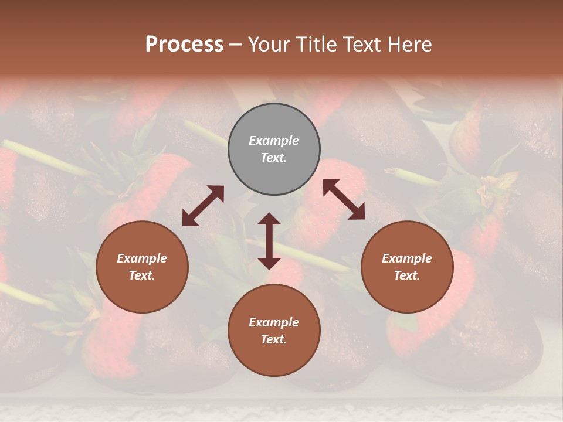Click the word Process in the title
point(184,45)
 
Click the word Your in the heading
point(269,45)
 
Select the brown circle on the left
point(142,267)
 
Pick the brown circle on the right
point(407,267)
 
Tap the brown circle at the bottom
point(274,330)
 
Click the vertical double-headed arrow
point(269,241)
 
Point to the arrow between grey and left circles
point(203,206)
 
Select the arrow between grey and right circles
point(344,199)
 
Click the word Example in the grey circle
point(274,141)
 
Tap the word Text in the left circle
point(142,275)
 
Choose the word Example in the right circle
point(407,258)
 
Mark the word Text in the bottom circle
point(274,339)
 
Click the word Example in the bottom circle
point(274,322)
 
